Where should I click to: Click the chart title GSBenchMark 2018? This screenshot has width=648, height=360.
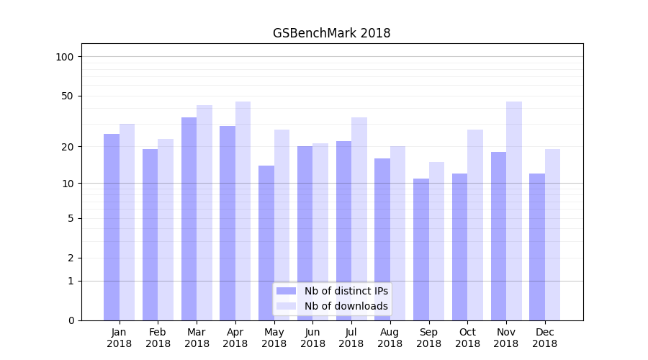(331, 33)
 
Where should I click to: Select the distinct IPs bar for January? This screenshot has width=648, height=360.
(112, 227)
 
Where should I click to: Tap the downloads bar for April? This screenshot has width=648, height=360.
(243, 211)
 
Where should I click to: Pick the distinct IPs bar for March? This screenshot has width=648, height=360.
(189, 219)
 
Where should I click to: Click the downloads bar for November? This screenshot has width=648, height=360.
(513, 211)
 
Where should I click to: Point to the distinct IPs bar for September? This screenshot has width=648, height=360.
(421, 249)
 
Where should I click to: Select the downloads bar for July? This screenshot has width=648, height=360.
(359, 219)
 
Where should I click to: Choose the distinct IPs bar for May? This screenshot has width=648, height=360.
(266, 243)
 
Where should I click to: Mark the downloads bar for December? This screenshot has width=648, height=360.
(552, 235)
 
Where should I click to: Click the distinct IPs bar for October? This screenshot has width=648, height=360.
(459, 247)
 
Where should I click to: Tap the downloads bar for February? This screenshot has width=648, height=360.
(166, 230)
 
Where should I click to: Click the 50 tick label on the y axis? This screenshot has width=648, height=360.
(68, 96)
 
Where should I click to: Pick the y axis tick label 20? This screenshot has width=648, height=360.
(68, 147)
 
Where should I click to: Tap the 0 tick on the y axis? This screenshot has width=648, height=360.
(71, 320)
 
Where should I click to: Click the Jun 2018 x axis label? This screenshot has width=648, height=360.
(312, 338)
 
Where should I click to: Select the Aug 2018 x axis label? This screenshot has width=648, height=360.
(390, 338)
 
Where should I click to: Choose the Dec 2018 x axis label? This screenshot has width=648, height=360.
(544, 338)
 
